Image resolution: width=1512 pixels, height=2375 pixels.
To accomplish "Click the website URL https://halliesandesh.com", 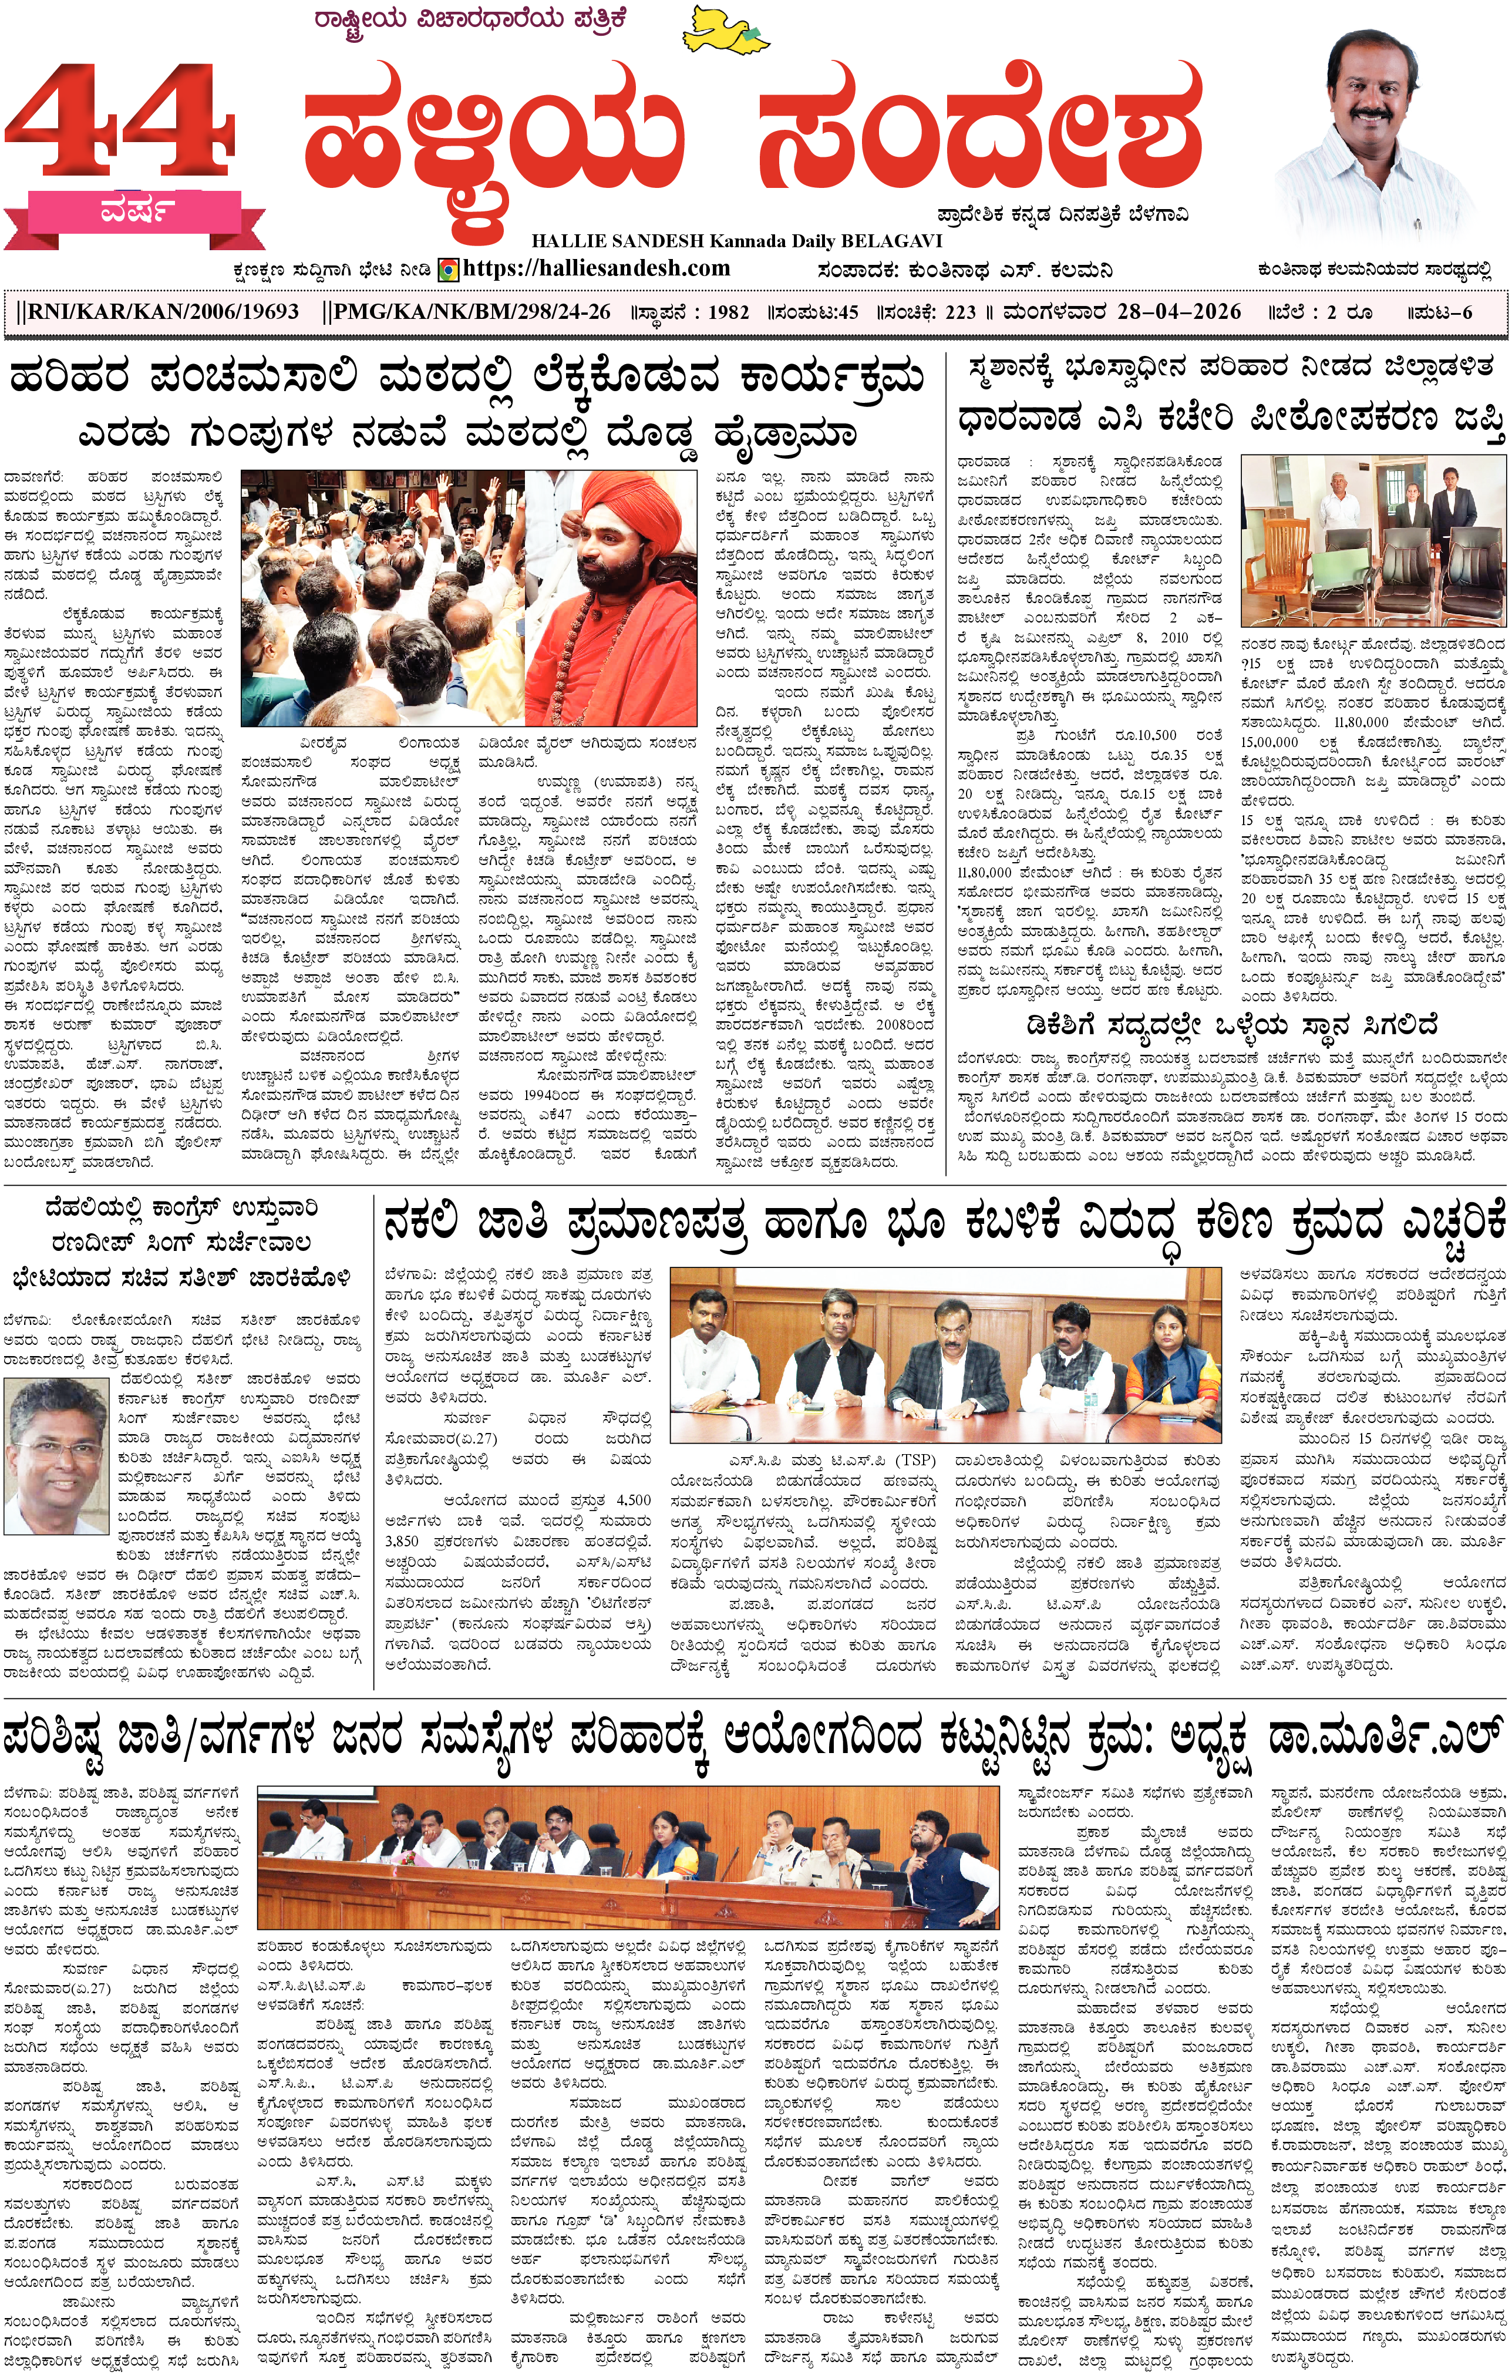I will (596, 268).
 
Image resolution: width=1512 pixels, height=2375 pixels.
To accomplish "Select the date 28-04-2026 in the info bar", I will (1178, 312).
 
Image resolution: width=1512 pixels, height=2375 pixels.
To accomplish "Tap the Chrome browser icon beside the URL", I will (448, 269).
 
